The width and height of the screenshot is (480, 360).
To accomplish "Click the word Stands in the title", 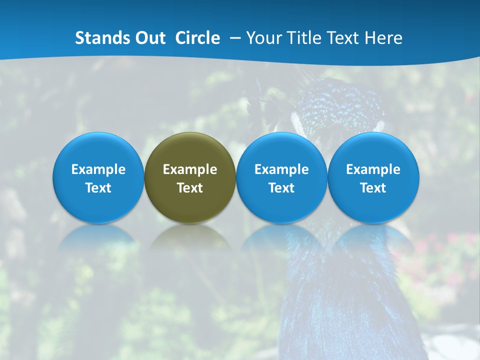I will pos(98,38).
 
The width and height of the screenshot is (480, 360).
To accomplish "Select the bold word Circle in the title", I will pos(197,38).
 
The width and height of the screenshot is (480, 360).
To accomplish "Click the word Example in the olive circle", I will pos(190,169).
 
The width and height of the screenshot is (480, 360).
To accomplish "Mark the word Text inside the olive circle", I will pos(190,188).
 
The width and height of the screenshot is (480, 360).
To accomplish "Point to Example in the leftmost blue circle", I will pos(98,169).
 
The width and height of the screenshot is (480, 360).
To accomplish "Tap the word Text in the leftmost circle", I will pos(98,188).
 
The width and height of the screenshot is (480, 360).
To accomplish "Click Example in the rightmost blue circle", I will pos(373,169).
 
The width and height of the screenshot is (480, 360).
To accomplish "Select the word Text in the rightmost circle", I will pos(373,188).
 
